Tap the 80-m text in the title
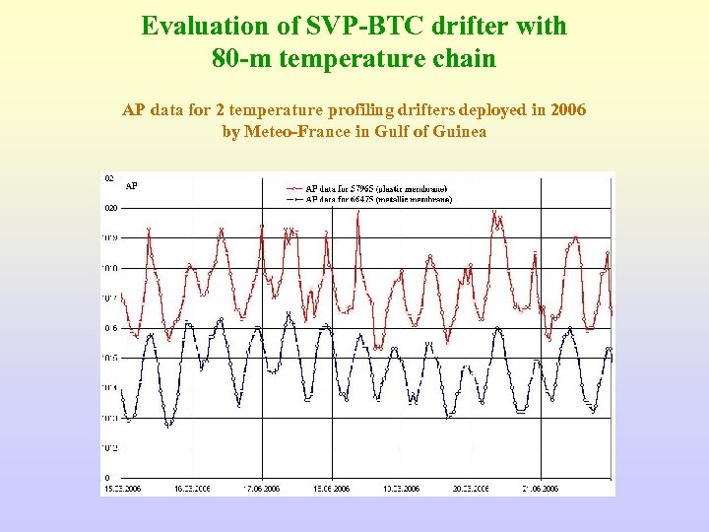[x=240, y=58]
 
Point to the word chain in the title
[x=461, y=58]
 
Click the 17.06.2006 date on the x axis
[x=260, y=489]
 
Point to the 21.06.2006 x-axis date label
[x=539, y=489]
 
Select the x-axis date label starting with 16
[x=192, y=489]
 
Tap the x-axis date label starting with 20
[x=469, y=489]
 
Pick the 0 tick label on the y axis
[x=107, y=478]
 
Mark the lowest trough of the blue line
[x=168, y=426]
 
